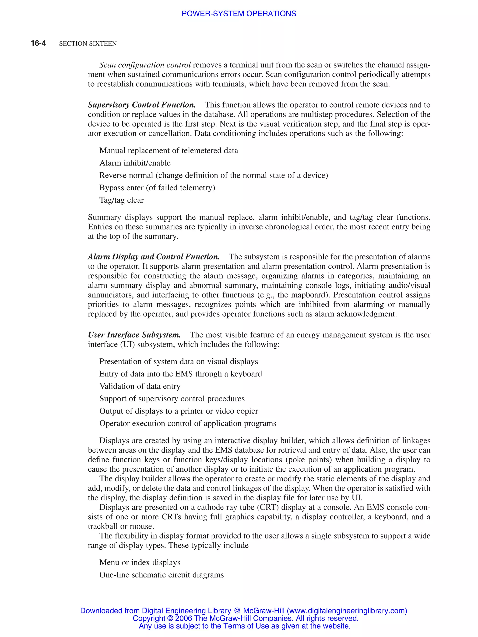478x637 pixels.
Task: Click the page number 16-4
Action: pos(38,43)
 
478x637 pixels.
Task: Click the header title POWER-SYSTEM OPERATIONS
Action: pos(239,14)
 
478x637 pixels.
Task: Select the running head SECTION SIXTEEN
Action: pos(88,43)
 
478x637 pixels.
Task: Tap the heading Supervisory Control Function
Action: pos(142,105)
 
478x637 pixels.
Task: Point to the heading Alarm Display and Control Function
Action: pos(154,257)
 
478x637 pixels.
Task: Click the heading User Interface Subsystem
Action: pos(134,335)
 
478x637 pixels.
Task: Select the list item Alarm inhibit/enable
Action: pos(135,163)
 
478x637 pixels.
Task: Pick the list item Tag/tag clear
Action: pos(121,200)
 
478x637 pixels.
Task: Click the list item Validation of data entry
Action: pos(140,386)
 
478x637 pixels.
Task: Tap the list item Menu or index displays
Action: pos(140,563)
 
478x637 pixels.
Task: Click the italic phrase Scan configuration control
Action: pos(145,65)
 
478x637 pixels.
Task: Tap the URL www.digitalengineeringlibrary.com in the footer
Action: pos(347,611)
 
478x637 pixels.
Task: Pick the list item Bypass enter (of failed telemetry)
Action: pos(157,188)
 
